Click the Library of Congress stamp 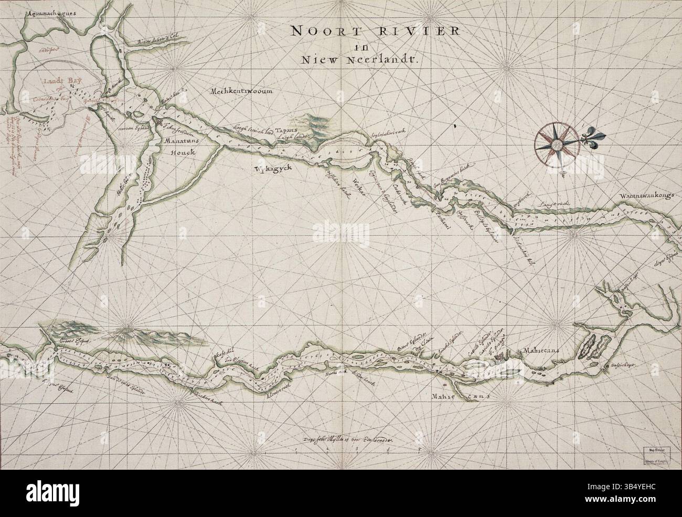point(655,455)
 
